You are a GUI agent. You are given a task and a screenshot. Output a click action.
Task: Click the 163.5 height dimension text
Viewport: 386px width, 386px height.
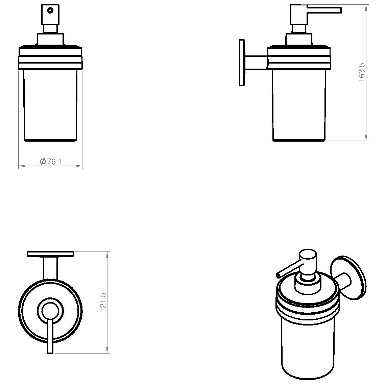[x=362, y=72]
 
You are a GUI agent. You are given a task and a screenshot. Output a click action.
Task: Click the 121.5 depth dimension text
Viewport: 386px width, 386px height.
[x=103, y=302]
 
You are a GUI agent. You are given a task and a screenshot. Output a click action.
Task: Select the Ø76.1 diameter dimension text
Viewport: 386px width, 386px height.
[x=50, y=161]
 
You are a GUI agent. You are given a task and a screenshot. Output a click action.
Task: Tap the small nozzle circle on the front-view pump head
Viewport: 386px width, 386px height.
[x=50, y=10]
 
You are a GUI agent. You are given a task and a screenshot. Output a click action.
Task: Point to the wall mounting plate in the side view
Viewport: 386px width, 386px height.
[x=242, y=63]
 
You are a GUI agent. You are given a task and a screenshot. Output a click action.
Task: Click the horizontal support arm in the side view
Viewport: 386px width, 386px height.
[x=256, y=63]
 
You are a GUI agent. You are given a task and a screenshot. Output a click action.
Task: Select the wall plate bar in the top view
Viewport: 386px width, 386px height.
[x=50, y=254]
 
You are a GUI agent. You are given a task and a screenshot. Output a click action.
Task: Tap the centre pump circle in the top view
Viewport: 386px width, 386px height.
[x=50, y=311]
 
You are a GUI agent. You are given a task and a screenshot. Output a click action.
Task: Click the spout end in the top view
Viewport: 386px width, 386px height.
[x=50, y=352]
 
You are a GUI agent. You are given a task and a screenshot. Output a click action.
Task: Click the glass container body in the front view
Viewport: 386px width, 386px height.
[x=50, y=105]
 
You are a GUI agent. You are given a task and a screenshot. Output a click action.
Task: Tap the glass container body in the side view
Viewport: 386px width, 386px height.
[x=299, y=105]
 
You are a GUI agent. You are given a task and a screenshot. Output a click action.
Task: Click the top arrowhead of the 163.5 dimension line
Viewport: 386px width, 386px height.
[x=366, y=7]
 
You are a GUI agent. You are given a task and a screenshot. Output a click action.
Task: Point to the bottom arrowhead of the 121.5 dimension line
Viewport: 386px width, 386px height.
[x=107, y=350]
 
